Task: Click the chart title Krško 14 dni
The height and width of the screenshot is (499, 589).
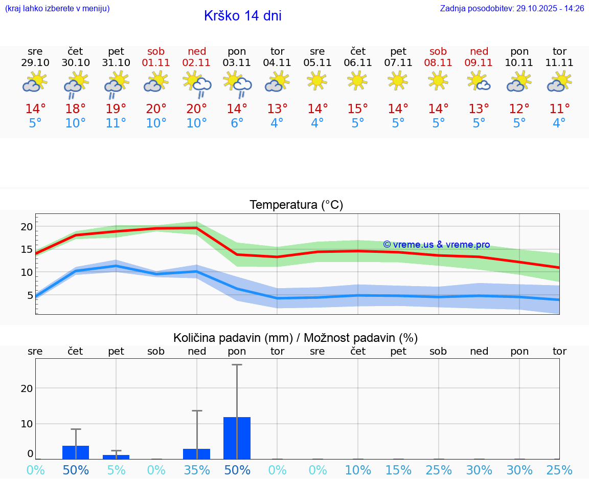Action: pyautogui.click(x=242, y=16)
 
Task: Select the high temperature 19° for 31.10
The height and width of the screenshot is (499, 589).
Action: pyautogui.click(x=116, y=109)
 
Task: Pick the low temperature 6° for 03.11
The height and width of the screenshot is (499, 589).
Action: pyautogui.click(x=237, y=123)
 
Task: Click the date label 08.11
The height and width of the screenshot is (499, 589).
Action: pyautogui.click(x=438, y=63)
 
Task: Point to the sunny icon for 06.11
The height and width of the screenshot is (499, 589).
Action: pyautogui.click(x=357, y=80)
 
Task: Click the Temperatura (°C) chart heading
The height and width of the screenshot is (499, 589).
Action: pyautogui.click(x=296, y=205)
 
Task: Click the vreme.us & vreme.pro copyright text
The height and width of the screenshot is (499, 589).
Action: pyautogui.click(x=436, y=245)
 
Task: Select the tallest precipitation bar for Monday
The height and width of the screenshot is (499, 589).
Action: pyautogui.click(x=237, y=438)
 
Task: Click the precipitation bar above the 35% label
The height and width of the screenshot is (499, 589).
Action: pyautogui.click(x=197, y=454)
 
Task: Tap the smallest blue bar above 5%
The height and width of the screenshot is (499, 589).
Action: pyautogui.click(x=116, y=457)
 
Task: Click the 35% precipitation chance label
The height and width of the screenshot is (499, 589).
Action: pyautogui.click(x=197, y=470)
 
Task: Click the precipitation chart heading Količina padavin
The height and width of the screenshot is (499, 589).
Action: pyautogui.click(x=296, y=338)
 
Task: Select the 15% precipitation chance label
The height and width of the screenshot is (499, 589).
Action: pyautogui.click(x=398, y=470)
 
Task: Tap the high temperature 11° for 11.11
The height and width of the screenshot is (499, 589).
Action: pyautogui.click(x=559, y=109)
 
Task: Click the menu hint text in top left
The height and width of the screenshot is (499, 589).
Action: pyautogui.click(x=57, y=9)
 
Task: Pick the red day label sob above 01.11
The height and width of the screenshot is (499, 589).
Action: pyautogui.click(x=156, y=51)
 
